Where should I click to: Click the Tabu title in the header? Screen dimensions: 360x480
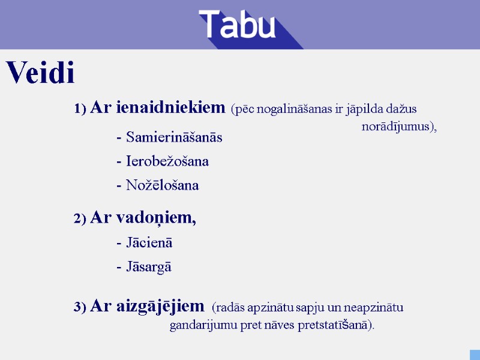click(238, 25)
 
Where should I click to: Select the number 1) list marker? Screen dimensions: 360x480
click(80, 109)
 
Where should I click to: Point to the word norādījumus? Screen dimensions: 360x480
click(397, 127)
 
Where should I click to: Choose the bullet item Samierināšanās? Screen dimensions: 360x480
click(173, 137)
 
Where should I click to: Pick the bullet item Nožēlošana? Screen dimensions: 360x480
click(162, 185)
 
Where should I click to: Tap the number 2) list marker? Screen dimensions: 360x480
click(80, 219)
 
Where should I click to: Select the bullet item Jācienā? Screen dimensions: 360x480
click(149, 243)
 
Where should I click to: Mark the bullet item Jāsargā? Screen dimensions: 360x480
click(148, 267)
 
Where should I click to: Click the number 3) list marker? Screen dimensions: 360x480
click(80, 308)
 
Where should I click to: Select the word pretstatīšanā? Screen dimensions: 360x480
click(335, 325)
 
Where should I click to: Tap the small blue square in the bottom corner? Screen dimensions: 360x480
click(474, 354)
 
